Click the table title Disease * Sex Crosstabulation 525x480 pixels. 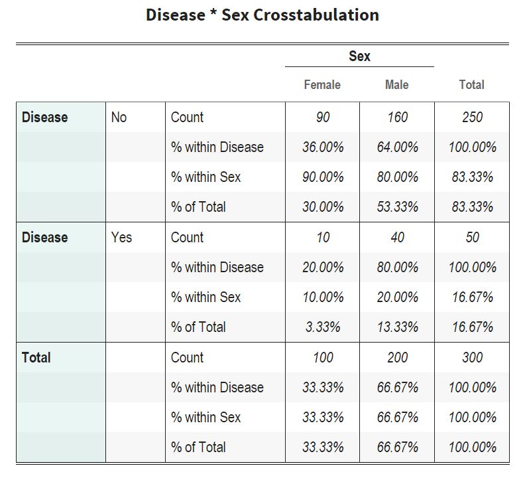coord(262,15)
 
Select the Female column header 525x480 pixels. coord(322,85)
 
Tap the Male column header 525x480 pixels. coord(396,85)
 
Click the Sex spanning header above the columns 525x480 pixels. coord(359,56)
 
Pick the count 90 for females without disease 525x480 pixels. coord(323,118)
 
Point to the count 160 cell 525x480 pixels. coord(397,118)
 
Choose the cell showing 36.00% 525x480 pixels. coord(323,147)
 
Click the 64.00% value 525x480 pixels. coord(397,147)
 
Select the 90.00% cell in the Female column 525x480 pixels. coord(323,177)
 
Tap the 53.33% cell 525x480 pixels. coord(397,207)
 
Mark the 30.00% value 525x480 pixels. coord(323,207)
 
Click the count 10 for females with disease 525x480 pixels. coord(323,238)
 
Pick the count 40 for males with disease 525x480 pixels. coord(397,238)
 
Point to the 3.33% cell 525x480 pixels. coord(323,327)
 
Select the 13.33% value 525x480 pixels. coord(397,327)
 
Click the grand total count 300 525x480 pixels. coord(472,358)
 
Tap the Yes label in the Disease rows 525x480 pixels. coord(122,238)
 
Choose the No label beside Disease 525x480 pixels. coord(119,118)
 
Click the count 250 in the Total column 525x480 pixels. coord(472,118)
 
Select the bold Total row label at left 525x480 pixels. coord(36,358)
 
